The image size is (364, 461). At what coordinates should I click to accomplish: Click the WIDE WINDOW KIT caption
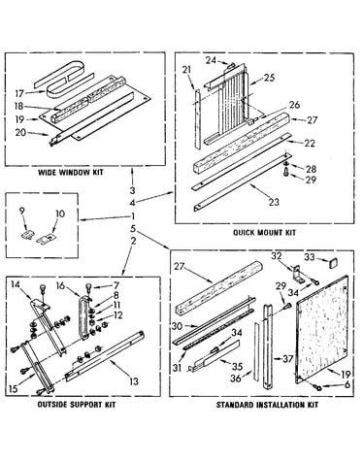tap(71, 172)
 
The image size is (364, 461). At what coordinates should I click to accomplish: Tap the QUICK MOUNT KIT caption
tap(265, 232)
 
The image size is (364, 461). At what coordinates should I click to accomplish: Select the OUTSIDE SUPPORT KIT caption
tap(77, 405)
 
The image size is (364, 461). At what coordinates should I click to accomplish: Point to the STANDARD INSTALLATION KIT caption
tap(267, 405)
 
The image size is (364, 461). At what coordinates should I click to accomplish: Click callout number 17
tap(19, 93)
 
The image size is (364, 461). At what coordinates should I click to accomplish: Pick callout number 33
tap(310, 257)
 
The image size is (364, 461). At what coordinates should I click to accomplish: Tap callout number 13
tap(134, 381)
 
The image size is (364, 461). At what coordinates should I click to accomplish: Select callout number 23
tap(274, 202)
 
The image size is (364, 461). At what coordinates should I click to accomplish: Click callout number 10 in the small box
tap(60, 214)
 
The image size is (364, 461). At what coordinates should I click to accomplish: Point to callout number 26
tap(294, 105)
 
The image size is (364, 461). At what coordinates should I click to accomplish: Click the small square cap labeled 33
tap(332, 263)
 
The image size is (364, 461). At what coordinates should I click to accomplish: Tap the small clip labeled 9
tap(27, 235)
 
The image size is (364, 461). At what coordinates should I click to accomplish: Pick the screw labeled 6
tap(317, 386)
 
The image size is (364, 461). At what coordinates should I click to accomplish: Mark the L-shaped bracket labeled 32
tap(299, 274)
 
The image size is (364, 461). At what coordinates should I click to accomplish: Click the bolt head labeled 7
tap(88, 286)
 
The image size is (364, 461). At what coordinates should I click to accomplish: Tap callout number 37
tap(287, 359)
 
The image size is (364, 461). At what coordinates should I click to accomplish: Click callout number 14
tap(16, 284)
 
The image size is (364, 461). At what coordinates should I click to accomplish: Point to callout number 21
tap(186, 70)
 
